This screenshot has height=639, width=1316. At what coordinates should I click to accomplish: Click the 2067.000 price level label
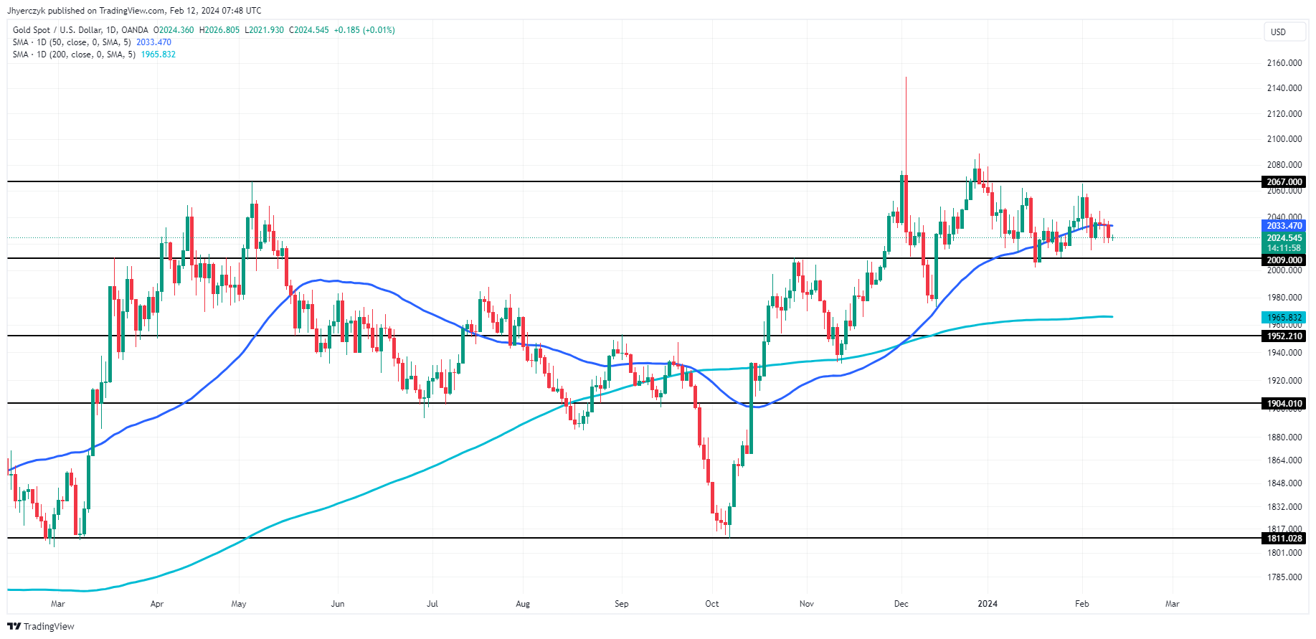pos(1284,182)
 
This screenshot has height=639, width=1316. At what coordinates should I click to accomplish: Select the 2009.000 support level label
pos(1284,260)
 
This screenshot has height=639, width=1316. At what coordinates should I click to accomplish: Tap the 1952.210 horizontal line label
pos(1284,336)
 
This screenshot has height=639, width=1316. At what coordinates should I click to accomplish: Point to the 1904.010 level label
pos(1284,404)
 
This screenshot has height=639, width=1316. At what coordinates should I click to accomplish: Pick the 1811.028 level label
pos(1284,539)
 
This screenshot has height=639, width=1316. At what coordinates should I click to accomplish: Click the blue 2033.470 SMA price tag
pos(1284,226)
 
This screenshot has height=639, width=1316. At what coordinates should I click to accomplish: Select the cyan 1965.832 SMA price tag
pos(1284,318)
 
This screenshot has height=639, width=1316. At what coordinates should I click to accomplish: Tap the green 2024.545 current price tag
pos(1284,238)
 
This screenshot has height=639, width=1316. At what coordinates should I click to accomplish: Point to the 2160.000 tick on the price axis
pos(1284,63)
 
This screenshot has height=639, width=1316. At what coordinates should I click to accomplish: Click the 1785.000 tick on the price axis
pos(1284,577)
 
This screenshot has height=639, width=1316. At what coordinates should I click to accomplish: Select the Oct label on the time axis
pos(712,604)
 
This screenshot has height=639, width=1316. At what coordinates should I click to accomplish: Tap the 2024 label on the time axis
pos(988,604)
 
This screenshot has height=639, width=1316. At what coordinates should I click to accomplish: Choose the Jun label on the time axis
pos(338,604)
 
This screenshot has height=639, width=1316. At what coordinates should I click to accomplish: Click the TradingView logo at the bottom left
pos(41,626)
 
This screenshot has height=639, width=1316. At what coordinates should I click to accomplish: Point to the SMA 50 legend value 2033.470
pos(153,42)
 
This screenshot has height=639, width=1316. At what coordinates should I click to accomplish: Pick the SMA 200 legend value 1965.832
pos(158,55)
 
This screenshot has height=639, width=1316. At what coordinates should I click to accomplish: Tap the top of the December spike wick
pos(906,77)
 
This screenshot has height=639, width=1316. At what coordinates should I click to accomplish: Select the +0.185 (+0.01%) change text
pos(364,30)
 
